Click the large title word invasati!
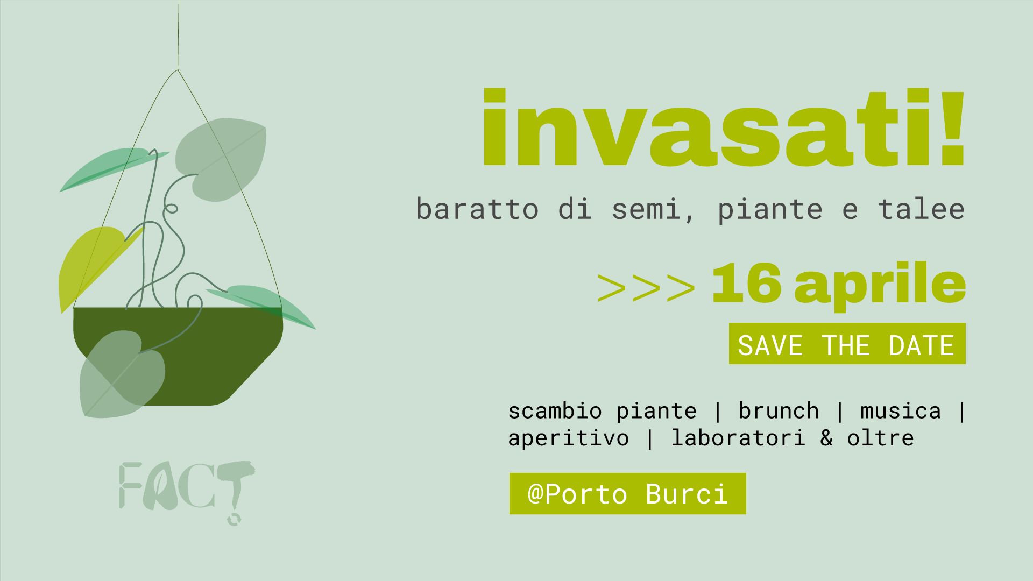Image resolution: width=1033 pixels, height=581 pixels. (x=724, y=127)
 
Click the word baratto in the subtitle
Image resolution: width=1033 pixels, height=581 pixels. (x=477, y=209)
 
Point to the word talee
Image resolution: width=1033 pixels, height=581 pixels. (x=922, y=209)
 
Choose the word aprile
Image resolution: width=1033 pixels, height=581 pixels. (x=880, y=286)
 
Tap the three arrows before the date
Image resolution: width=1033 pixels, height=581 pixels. (x=646, y=287)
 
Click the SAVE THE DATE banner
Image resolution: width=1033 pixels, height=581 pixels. (x=847, y=344)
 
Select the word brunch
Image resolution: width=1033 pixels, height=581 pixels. (x=779, y=411)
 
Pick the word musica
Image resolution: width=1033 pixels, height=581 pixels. (x=901, y=412)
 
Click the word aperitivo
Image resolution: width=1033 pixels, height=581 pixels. (x=569, y=439)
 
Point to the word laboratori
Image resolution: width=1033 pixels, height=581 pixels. (x=738, y=438)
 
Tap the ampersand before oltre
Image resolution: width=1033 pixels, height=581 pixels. (x=827, y=438)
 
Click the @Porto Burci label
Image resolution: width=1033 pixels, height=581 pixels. (x=628, y=494)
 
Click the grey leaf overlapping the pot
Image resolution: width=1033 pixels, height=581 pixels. (x=122, y=374)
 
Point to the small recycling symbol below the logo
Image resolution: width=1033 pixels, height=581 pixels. (x=234, y=519)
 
